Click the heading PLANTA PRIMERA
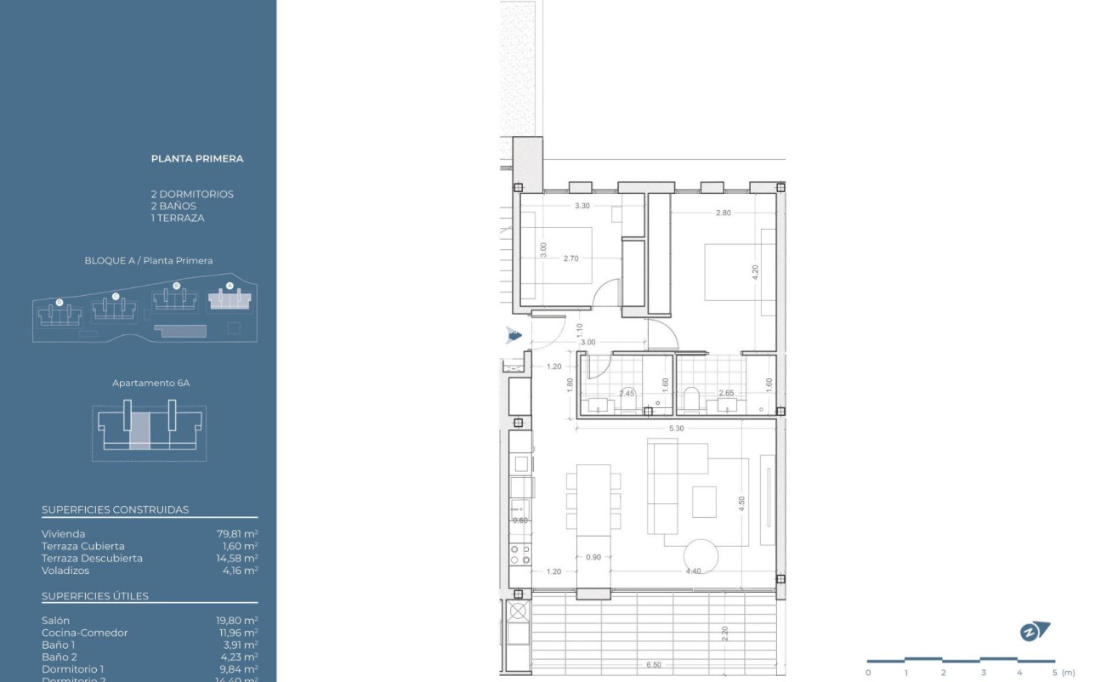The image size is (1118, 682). (197, 158)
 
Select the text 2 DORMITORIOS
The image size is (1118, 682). (192, 194)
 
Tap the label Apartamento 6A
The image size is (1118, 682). (150, 384)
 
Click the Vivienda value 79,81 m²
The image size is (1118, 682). (237, 534)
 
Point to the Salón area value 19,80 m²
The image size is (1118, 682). (237, 621)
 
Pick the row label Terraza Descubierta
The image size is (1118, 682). (92, 559)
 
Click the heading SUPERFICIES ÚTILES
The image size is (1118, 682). (95, 596)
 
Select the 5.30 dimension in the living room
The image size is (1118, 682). (676, 429)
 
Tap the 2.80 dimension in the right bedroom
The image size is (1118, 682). (723, 213)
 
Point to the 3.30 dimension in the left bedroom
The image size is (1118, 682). (582, 206)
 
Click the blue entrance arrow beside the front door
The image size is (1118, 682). (514, 335)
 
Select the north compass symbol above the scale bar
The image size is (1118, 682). (1035, 632)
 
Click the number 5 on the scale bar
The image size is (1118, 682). (1054, 673)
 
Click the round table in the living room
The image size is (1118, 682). (701, 556)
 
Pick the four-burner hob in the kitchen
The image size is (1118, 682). (519, 555)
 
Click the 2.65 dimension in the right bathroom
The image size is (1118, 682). (726, 394)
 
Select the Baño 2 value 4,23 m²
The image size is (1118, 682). (237, 656)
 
